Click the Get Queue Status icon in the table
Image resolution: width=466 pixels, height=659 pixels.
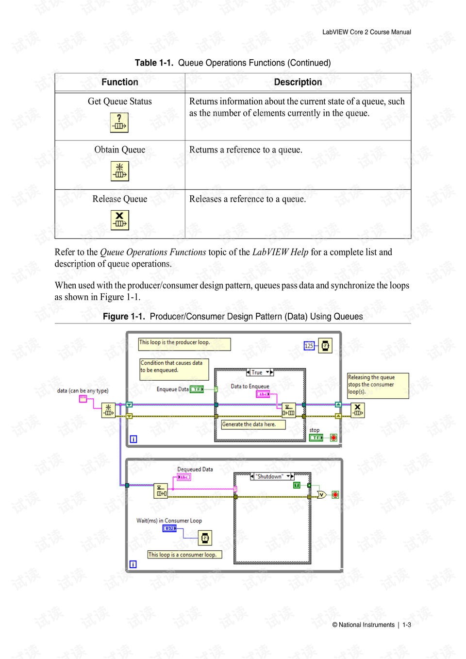point(119,122)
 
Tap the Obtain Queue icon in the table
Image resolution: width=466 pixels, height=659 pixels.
point(120,171)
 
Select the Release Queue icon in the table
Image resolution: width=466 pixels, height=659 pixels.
point(120,220)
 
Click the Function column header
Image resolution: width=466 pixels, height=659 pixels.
point(120,82)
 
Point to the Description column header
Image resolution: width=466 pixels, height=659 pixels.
point(298,82)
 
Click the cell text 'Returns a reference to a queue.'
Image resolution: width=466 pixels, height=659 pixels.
point(246,150)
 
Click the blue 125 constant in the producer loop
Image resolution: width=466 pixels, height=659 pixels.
point(309,346)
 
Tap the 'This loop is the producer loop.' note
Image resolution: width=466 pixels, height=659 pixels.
point(184,344)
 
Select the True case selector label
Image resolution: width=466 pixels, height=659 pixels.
point(260,372)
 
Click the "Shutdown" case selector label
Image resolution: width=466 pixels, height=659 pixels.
point(272,476)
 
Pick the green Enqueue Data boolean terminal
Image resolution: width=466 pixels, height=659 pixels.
point(197,389)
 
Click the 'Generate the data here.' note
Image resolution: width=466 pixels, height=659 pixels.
point(253,424)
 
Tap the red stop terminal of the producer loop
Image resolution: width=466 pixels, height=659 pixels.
point(333,438)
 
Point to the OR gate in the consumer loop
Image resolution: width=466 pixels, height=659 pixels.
point(322,494)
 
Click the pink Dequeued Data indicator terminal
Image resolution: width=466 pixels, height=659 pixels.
point(184,477)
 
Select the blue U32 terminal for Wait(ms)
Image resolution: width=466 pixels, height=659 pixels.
point(169,528)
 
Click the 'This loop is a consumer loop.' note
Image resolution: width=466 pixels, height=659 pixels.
point(184,555)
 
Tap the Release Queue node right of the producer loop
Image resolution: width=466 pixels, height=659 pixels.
point(358,410)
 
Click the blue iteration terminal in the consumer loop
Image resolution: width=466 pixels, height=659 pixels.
point(133,564)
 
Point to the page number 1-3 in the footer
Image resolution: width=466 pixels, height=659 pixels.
point(407,625)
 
